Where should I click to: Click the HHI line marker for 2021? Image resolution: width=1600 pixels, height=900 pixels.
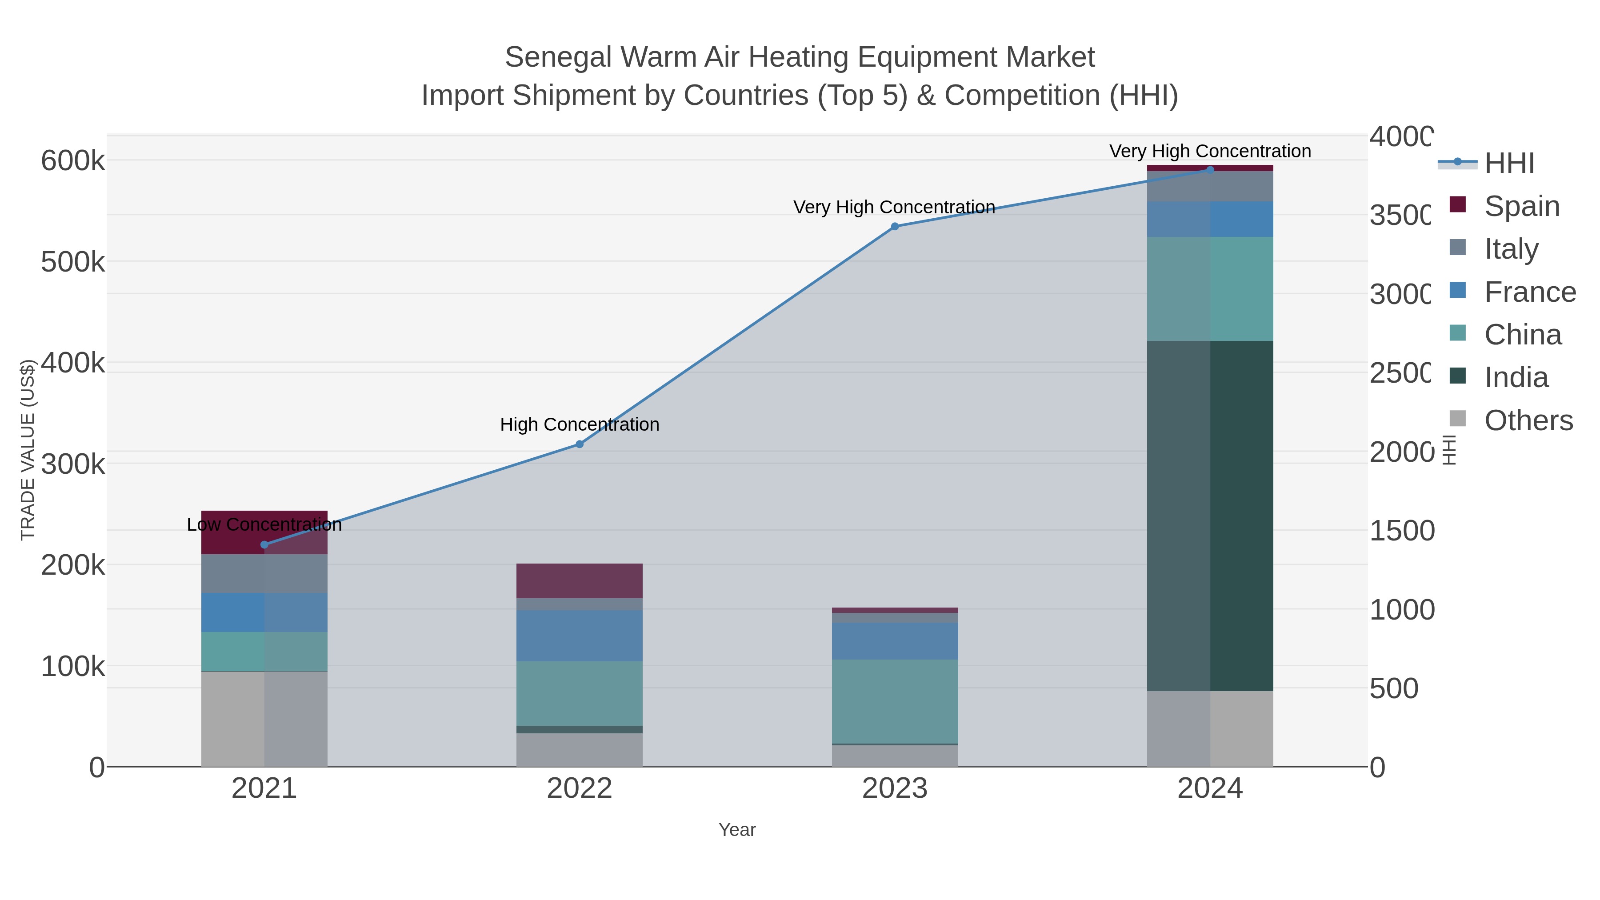264,545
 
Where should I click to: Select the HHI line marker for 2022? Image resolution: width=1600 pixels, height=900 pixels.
580,444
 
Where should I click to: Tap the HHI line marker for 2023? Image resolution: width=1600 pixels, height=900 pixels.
894,227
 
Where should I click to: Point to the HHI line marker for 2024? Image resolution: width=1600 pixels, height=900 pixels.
1209,170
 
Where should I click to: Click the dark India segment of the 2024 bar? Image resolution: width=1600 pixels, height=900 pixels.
1210,516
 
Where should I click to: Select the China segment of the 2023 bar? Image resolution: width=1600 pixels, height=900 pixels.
894,701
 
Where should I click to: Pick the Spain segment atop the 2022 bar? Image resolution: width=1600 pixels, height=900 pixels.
580,581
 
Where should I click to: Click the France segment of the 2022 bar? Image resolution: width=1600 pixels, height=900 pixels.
580,636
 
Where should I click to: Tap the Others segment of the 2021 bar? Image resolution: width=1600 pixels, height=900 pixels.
264,719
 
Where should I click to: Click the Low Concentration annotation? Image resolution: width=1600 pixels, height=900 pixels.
264,525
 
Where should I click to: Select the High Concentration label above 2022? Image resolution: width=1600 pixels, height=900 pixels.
580,425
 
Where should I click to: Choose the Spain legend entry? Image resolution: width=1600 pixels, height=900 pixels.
1521,206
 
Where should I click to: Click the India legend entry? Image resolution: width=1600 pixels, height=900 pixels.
1516,378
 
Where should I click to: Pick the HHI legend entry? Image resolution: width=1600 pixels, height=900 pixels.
1509,164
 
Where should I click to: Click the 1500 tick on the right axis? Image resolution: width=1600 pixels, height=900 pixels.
1401,531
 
